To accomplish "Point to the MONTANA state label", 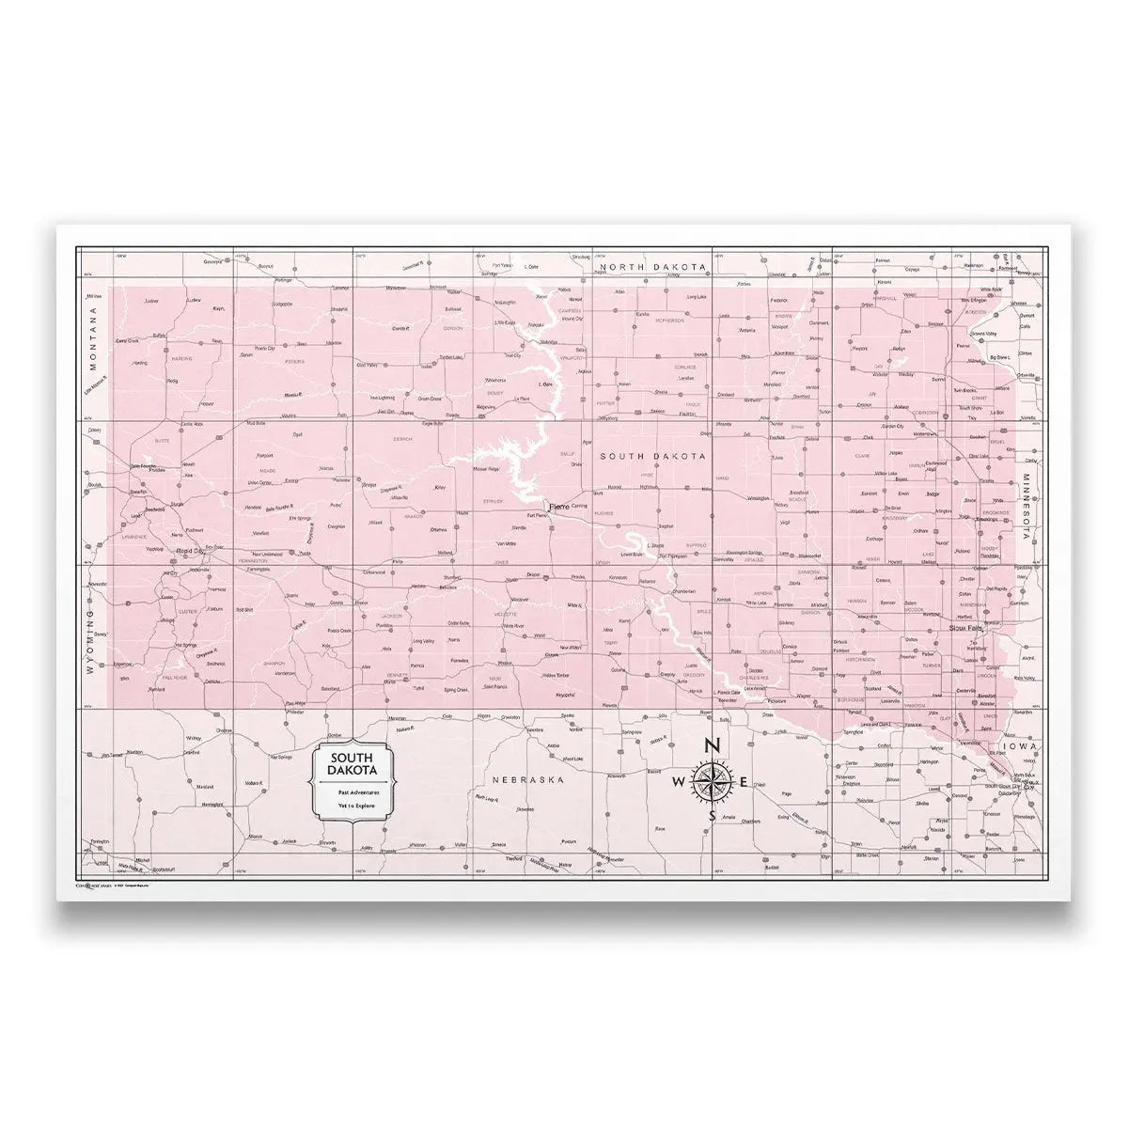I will click(93, 340).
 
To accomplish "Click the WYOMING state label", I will click(91, 641).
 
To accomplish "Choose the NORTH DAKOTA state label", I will click(652, 268).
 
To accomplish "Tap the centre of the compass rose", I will click(712, 781).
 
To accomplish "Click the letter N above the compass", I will click(712, 746).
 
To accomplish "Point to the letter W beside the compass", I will click(679, 782).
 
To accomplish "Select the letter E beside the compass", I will click(743, 782).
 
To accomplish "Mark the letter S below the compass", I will click(712, 816).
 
